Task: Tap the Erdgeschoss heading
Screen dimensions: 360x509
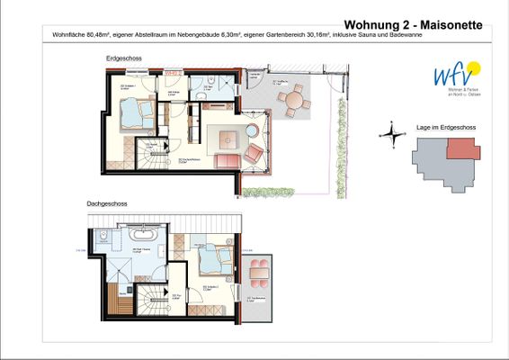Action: click(x=123, y=58)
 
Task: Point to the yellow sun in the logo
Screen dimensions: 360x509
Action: click(x=474, y=67)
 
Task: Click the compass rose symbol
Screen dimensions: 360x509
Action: click(x=391, y=135)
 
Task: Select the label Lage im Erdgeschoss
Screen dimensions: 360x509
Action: click(x=447, y=128)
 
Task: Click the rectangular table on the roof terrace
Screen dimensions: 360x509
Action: click(x=259, y=268)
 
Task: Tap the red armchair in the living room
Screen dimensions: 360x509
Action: click(x=254, y=153)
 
